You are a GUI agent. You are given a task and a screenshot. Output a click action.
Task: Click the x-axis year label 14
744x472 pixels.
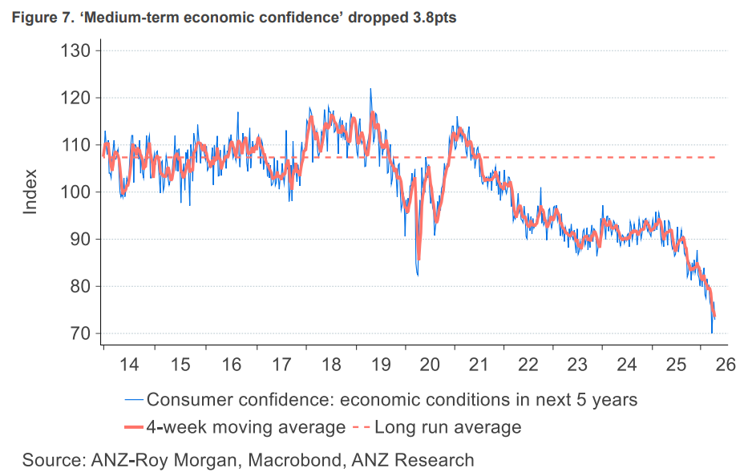pos(129,365)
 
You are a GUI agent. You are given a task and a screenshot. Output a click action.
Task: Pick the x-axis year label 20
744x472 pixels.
pos(429,365)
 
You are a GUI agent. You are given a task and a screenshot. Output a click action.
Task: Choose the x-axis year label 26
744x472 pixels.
pos(726,365)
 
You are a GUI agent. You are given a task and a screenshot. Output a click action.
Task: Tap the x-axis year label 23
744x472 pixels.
pos(577,365)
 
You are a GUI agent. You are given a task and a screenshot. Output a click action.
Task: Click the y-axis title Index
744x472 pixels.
pos(30,192)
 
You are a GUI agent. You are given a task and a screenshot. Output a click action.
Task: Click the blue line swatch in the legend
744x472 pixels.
pos(134,398)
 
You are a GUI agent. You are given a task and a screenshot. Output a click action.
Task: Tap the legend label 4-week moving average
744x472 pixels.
pos(245,426)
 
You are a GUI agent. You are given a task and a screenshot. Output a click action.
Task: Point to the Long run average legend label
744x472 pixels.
pos(447,426)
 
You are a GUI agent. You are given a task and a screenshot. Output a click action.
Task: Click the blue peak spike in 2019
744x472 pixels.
pos(370,89)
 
